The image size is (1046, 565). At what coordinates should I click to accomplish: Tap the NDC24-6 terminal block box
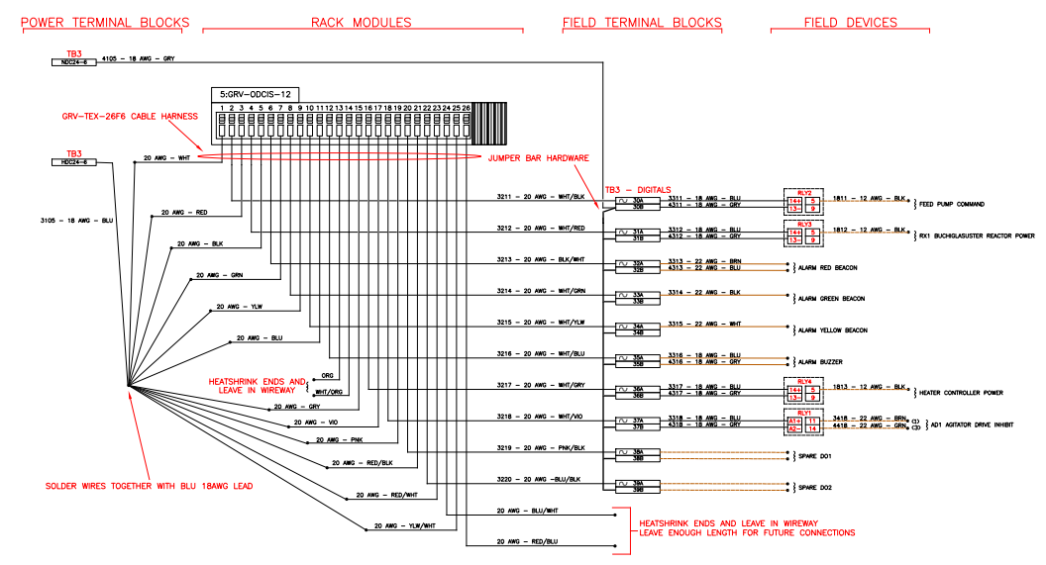pyautogui.click(x=75, y=61)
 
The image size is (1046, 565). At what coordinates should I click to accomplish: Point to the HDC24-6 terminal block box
pyautogui.click(x=75, y=161)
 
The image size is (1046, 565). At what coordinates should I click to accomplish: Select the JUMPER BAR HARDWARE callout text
pyautogui.click(x=539, y=158)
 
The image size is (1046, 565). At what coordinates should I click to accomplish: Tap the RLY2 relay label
pyautogui.click(x=803, y=193)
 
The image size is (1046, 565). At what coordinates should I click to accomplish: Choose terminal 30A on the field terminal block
pyautogui.click(x=638, y=201)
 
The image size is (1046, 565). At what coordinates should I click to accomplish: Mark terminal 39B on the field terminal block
pyautogui.click(x=638, y=490)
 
